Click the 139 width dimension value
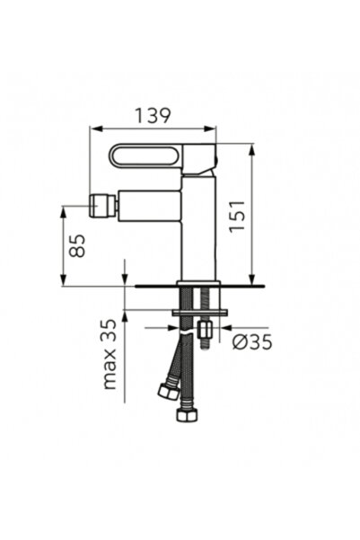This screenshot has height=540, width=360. [153, 115]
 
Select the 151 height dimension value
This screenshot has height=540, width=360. [237, 216]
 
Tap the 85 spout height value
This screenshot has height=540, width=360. [76, 246]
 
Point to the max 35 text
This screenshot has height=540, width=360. [110, 354]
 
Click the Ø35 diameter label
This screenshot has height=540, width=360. [252, 342]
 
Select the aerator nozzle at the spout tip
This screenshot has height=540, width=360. [102, 206]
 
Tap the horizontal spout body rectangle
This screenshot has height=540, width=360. [150, 205]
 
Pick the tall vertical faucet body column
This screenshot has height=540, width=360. [199, 228]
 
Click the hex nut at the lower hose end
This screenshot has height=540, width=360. [188, 414]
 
